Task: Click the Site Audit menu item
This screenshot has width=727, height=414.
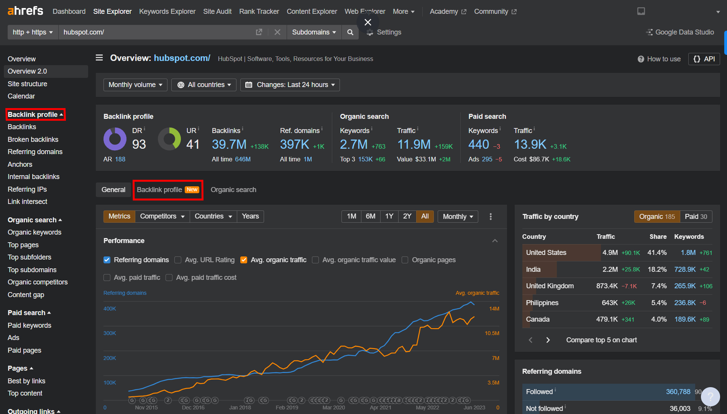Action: tap(217, 11)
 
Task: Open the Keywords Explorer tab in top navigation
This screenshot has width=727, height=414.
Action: tap(167, 11)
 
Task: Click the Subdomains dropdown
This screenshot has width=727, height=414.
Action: tap(313, 32)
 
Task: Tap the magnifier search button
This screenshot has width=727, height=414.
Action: tap(350, 32)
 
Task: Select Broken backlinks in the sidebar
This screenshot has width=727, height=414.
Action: tap(33, 140)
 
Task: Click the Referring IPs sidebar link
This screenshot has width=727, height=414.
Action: tap(27, 189)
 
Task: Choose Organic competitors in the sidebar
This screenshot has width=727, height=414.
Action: tap(38, 282)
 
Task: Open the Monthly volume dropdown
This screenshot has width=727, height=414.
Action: tap(135, 85)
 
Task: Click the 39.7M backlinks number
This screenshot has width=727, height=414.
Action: tap(229, 145)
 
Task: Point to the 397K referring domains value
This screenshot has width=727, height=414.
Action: tap(294, 145)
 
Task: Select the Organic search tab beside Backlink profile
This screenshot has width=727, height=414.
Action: tap(233, 190)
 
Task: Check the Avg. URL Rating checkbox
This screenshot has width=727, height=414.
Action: tap(178, 260)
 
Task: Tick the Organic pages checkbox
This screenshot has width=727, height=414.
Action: tap(405, 260)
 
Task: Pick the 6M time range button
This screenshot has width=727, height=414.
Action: tap(370, 216)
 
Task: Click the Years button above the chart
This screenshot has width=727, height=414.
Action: tap(250, 216)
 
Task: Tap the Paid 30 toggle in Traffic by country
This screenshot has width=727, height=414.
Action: tap(696, 217)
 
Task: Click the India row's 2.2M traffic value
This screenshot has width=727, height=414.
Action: tap(610, 269)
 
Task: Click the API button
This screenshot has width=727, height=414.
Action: tap(704, 59)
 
